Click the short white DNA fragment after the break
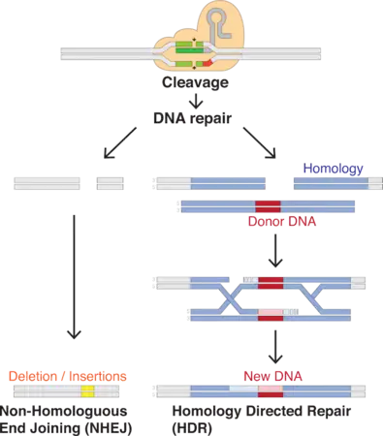pyautogui.click(x=109, y=180)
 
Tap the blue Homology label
pyautogui.click(x=334, y=168)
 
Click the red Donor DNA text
pyautogui.click(x=282, y=222)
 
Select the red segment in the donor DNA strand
pyautogui.click(x=269, y=204)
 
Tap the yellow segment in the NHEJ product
pyautogui.click(x=88, y=392)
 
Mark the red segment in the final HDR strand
pyautogui.click(x=271, y=392)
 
